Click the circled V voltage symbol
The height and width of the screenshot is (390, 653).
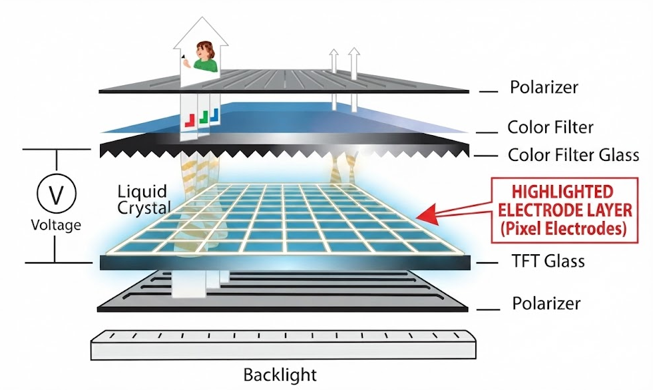[56, 194]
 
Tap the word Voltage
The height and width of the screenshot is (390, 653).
[56, 225]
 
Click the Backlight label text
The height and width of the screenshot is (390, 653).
[280, 375]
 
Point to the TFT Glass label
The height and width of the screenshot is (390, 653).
[548, 261]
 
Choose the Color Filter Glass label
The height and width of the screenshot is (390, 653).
[574, 155]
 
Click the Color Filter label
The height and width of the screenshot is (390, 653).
[550, 127]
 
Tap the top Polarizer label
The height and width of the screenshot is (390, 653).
[544, 87]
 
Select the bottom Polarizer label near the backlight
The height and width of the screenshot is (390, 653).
[546, 303]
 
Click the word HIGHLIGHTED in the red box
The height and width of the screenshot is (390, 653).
[562, 192]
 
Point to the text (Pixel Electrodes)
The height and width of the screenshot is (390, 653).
[563, 228]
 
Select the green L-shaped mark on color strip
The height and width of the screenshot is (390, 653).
[203, 117]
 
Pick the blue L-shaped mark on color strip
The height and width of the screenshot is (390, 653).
[214, 115]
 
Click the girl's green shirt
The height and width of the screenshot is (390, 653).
[206, 65]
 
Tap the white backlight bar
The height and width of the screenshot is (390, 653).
[283, 345]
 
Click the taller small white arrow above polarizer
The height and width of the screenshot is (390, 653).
[353, 79]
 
